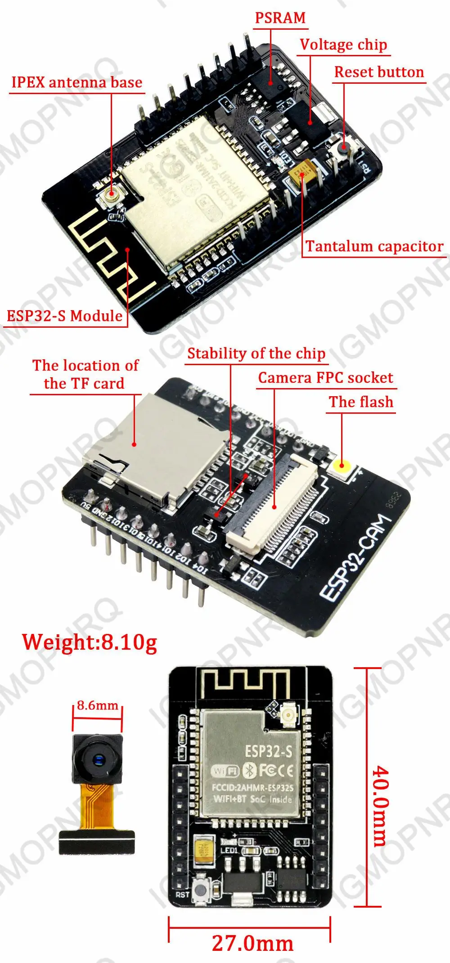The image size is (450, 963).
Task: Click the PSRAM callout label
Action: (280, 18)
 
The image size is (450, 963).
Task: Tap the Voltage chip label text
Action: (343, 45)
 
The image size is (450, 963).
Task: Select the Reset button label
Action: (379, 72)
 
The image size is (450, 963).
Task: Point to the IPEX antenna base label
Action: (76, 82)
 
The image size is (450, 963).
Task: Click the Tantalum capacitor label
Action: (374, 246)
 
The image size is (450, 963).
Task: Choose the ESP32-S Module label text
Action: (64, 316)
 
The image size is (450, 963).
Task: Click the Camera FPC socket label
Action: (325, 378)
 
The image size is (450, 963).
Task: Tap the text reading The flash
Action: (361, 402)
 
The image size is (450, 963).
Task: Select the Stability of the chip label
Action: (256, 353)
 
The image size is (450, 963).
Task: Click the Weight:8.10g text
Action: (90, 642)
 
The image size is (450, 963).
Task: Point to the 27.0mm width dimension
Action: (252, 943)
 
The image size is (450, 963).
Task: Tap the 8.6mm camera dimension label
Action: (97, 705)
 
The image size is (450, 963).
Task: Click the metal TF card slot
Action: (153, 446)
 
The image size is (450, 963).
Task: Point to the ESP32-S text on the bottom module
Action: (268, 751)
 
